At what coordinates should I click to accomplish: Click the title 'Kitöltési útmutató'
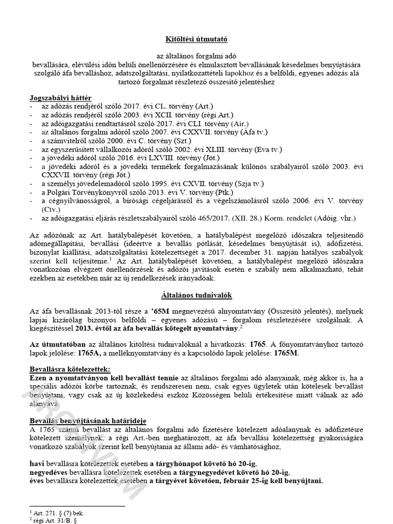tap(196, 39)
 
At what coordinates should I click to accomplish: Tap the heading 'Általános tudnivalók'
tap(196, 295)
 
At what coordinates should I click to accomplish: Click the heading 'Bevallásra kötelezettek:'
tap(69, 369)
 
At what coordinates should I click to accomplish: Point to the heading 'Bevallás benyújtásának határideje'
tap(88, 420)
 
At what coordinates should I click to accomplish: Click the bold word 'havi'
tap(37, 464)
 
